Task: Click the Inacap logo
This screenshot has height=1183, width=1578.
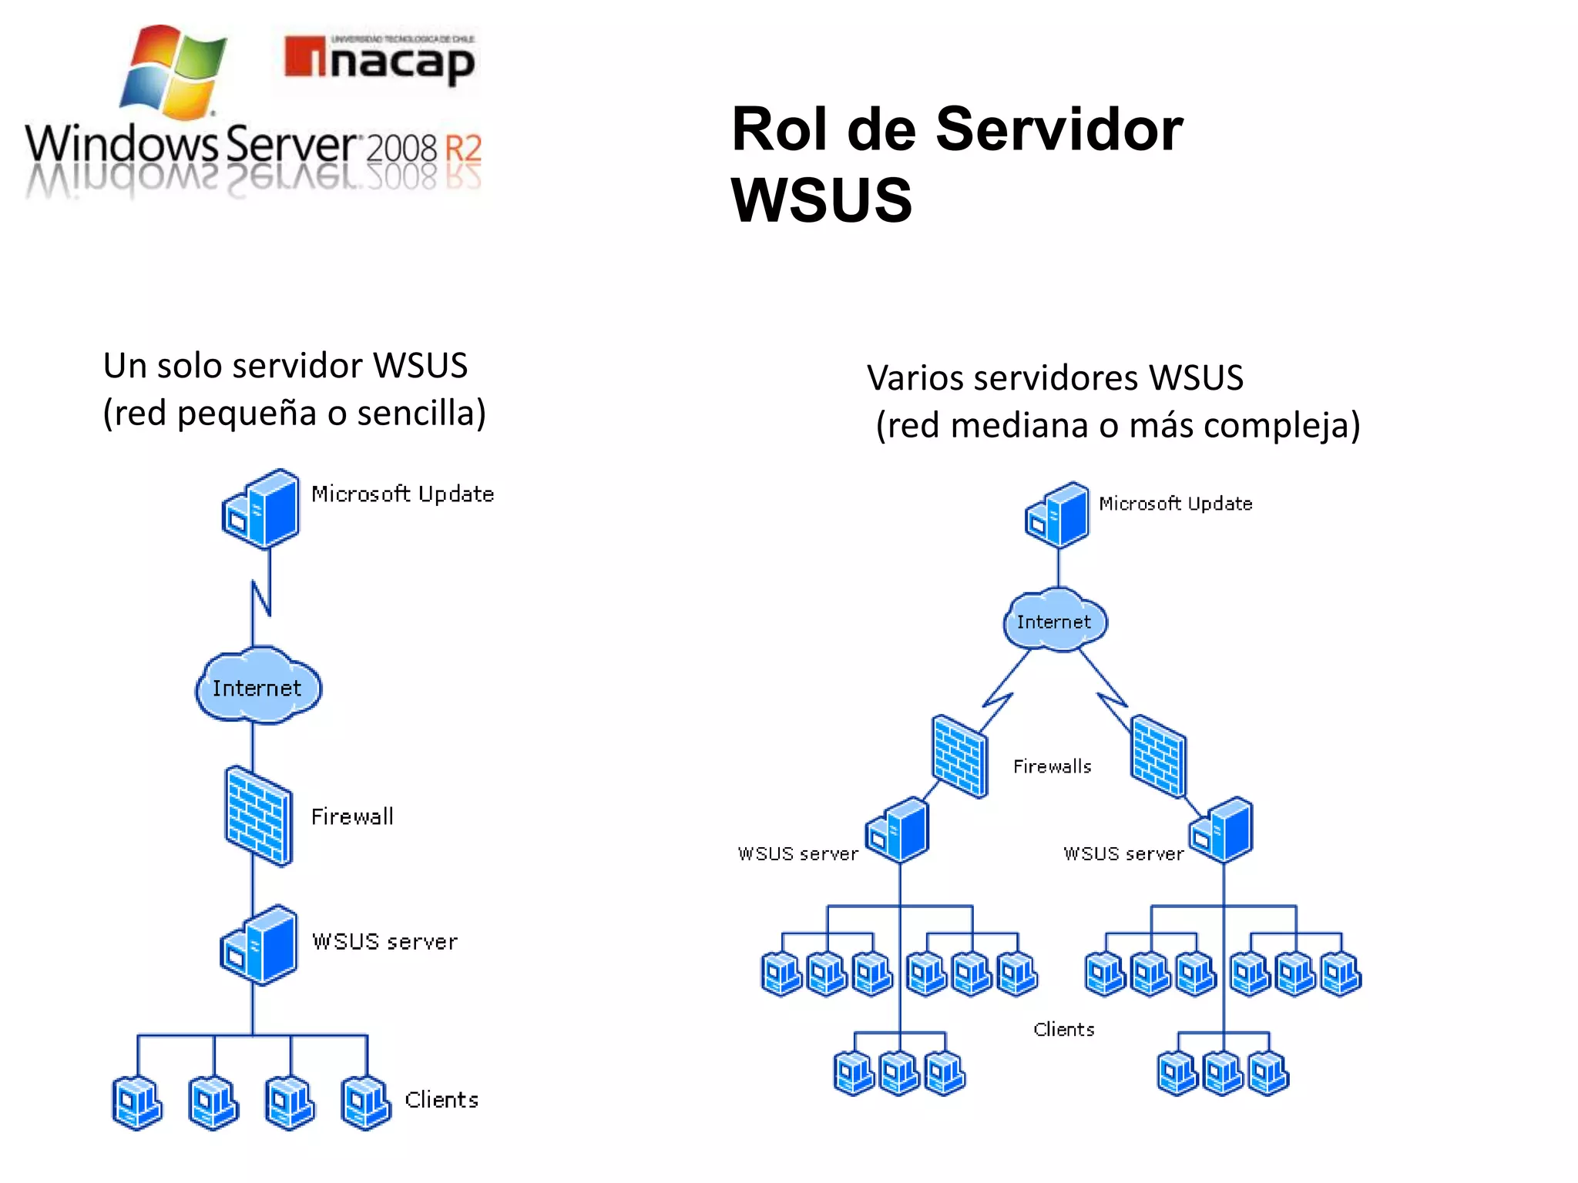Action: tap(379, 60)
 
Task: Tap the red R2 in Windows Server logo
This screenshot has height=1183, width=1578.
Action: tap(463, 148)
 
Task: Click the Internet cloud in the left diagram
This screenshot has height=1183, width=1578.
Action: tap(257, 686)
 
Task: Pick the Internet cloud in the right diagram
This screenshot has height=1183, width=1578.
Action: tap(1054, 621)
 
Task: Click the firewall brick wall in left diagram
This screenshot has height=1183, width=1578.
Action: tap(259, 816)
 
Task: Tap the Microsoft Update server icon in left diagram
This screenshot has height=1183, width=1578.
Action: tap(262, 508)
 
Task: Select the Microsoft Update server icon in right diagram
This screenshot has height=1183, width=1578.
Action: tap(1059, 514)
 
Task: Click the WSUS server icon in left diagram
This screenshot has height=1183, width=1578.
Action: tap(260, 945)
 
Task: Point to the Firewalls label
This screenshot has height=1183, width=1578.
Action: tap(1052, 766)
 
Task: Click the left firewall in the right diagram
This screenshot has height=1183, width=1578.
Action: tap(959, 756)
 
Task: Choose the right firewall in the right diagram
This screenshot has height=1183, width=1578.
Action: tap(1158, 756)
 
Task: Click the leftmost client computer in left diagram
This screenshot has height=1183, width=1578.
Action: tap(136, 1103)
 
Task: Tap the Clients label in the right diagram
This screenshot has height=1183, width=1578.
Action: tap(1063, 1029)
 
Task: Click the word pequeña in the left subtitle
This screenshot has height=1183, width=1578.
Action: tap(247, 414)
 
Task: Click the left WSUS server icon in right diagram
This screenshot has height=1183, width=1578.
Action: tap(898, 830)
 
